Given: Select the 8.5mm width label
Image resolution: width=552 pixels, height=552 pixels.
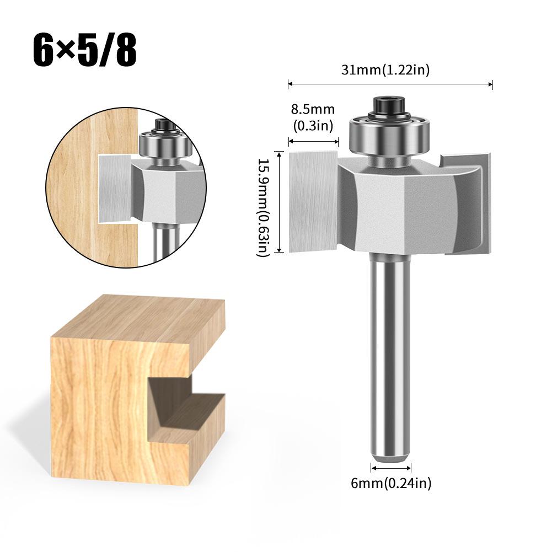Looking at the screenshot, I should (x=313, y=117).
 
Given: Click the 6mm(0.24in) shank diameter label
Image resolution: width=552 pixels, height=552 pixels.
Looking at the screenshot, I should (x=391, y=484).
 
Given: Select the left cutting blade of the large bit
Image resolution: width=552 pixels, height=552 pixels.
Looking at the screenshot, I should (x=313, y=202).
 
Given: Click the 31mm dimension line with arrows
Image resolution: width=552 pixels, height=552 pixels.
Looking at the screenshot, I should (x=390, y=84).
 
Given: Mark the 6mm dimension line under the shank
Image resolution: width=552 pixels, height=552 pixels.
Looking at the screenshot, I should (x=391, y=469).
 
